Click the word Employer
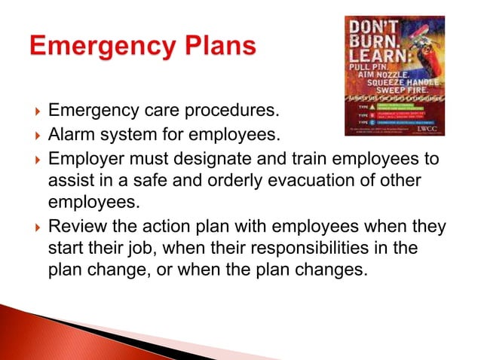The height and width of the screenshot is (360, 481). (x=82, y=159)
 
